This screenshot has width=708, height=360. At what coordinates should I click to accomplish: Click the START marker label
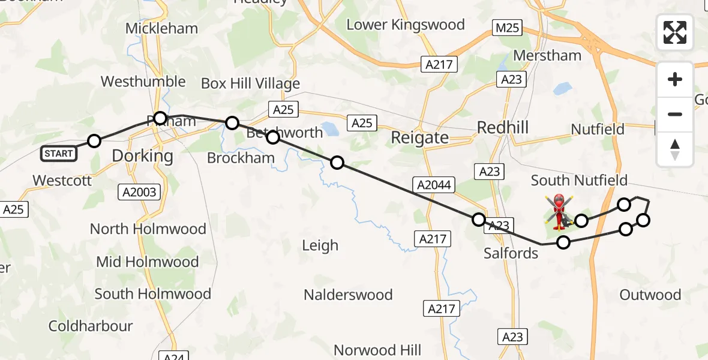[58, 154]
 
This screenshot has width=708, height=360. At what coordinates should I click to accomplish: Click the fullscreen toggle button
[675, 32]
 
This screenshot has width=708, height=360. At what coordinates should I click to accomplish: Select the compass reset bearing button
[675, 149]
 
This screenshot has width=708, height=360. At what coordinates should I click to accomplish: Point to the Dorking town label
[142, 157]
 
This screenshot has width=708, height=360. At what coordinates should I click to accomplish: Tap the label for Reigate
[419, 137]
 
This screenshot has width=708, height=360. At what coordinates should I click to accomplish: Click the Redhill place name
[503, 127]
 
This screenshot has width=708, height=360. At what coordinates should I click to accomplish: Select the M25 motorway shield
[507, 28]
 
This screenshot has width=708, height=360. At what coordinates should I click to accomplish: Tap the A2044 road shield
[432, 185]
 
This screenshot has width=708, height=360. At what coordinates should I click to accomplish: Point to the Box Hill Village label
[250, 83]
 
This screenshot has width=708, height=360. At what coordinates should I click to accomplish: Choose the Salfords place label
[511, 253]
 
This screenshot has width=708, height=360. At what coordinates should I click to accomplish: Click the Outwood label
[650, 295]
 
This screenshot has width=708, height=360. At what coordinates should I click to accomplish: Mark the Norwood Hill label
[377, 350]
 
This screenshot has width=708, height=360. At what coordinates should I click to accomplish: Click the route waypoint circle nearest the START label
[94, 141]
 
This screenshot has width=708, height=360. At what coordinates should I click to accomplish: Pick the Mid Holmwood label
[147, 262]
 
